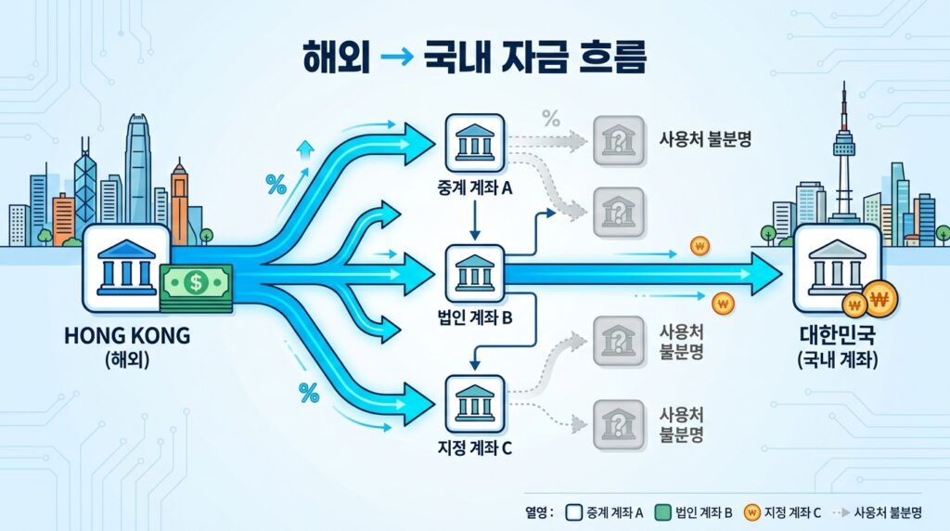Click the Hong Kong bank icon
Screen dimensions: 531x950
[x=126, y=267]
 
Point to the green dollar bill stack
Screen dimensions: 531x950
[x=196, y=285]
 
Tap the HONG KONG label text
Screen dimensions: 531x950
[x=127, y=335]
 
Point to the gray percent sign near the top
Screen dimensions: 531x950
[x=551, y=118]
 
